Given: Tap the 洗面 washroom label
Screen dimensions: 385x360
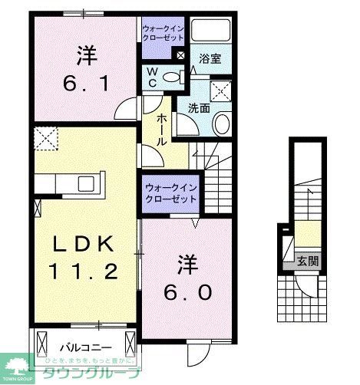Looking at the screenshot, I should click(x=200, y=108).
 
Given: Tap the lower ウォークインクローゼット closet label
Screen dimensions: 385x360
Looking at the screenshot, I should click(x=170, y=192).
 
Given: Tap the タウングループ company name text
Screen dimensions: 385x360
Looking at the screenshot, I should click(x=91, y=373).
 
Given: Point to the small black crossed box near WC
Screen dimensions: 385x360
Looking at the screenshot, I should click(x=180, y=54).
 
